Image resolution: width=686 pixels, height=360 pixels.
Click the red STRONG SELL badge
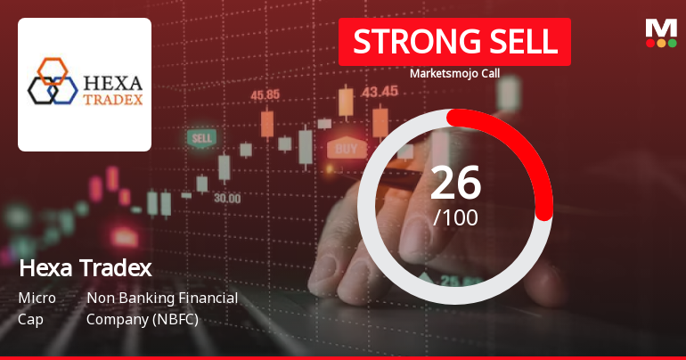[x=453, y=42]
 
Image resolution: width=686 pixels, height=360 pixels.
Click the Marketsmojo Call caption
[x=453, y=74]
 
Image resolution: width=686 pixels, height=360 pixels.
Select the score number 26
[x=455, y=184]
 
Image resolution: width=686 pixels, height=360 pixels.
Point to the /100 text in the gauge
[x=455, y=217]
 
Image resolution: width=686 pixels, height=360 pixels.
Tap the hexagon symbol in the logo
[x=50, y=81]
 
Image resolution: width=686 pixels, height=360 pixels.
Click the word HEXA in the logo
[x=110, y=73]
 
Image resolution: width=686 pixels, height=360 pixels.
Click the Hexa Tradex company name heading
[x=85, y=267]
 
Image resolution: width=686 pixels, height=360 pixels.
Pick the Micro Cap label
[x=37, y=307]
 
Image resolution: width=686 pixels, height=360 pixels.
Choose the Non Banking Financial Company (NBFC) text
[x=161, y=307]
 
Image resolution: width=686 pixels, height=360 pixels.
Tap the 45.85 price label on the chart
[x=265, y=94]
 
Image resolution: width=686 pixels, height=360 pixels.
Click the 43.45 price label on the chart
[x=380, y=91]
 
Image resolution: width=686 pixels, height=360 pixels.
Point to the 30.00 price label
[x=226, y=198]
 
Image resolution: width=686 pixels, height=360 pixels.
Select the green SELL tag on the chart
[x=201, y=138]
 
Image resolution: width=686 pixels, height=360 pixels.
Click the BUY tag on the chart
[x=347, y=148]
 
